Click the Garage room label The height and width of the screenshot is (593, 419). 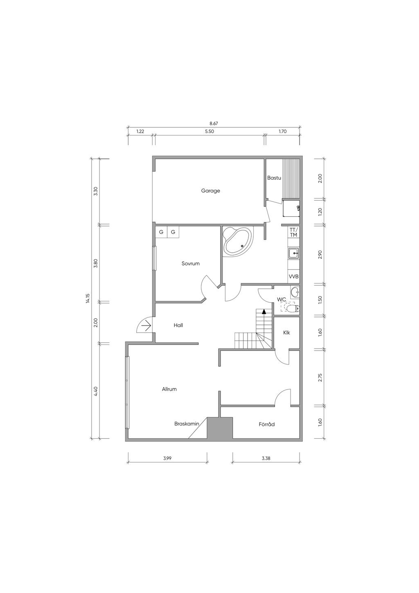coord(211,190)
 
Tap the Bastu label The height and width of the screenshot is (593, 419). coord(274,178)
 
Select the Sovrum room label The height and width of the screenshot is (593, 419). coord(190,263)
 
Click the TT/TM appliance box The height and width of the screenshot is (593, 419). coord(294,232)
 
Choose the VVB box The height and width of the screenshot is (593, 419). coord(294,277)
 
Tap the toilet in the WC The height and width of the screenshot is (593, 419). coord(293,308)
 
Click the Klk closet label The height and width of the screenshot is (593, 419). coord(286,333)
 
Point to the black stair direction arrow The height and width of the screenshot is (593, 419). coord(264,311)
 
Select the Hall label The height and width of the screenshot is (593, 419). coord(178,325)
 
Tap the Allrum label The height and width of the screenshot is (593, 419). coord(169,389)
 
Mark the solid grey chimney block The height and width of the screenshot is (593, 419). coord(220,429)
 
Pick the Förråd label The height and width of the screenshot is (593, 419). coord(267,424)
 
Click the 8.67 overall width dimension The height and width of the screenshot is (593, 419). coord(214,123)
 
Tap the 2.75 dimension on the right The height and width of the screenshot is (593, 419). coord(320,378)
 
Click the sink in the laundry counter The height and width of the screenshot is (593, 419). coord(294,253)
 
